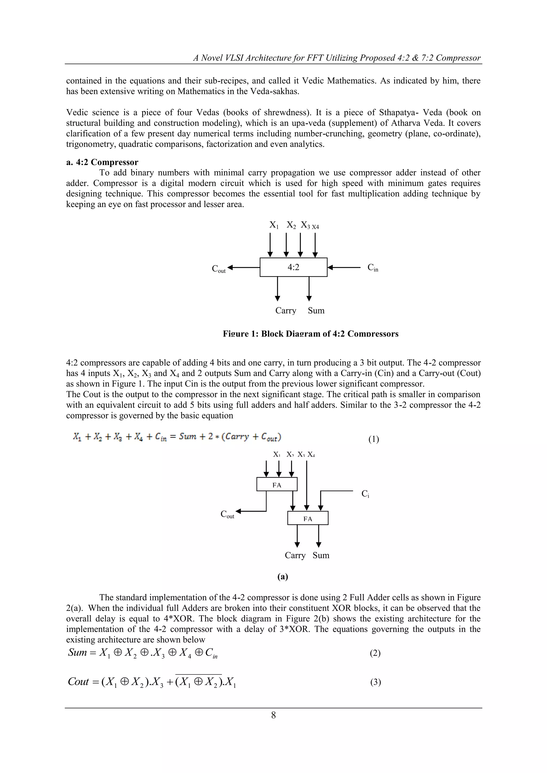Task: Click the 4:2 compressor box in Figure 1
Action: [x=293, y=267]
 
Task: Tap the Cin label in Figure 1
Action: [x=373, y=268]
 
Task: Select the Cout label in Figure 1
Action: [x=218, y=269]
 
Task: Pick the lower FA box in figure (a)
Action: [x=307, y=519]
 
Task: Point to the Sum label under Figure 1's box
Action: [x=316, y=311]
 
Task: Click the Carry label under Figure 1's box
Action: [x=286, y=311]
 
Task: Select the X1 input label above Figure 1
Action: [x=274, y=225]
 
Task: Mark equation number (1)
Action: [x=374, y=439]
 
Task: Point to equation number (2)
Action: [x=375, y=653]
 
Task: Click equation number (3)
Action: [x=375, y=682]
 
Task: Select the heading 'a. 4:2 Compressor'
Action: [x=102, y=162]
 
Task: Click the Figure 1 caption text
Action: [x=311, y=334]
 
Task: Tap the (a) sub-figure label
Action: [x=283, y=577]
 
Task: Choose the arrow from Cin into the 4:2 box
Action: [x=343, y=268]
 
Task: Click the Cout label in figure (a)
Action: [x=227, y=515]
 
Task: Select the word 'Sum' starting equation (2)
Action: [x=77, y=653]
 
